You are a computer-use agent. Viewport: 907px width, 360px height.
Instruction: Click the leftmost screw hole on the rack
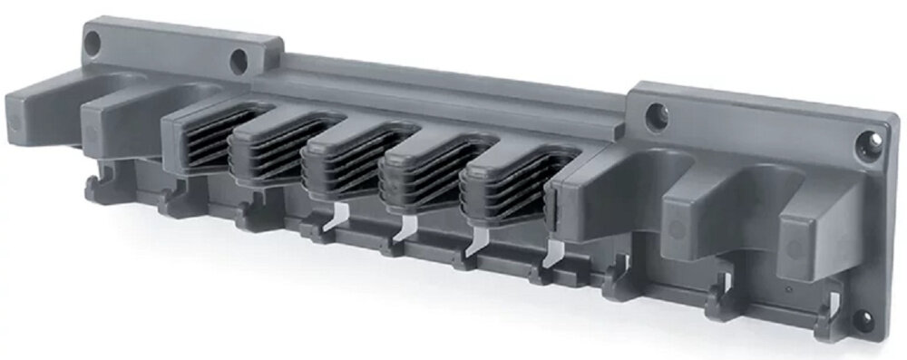(93, 41)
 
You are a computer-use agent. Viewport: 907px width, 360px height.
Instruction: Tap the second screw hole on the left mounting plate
(239, 62)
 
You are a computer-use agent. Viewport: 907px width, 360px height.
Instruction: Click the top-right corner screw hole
(868, 141)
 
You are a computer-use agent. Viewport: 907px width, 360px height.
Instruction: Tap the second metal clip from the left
(405, 228)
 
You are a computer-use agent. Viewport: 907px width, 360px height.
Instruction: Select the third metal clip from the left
(477, 239)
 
